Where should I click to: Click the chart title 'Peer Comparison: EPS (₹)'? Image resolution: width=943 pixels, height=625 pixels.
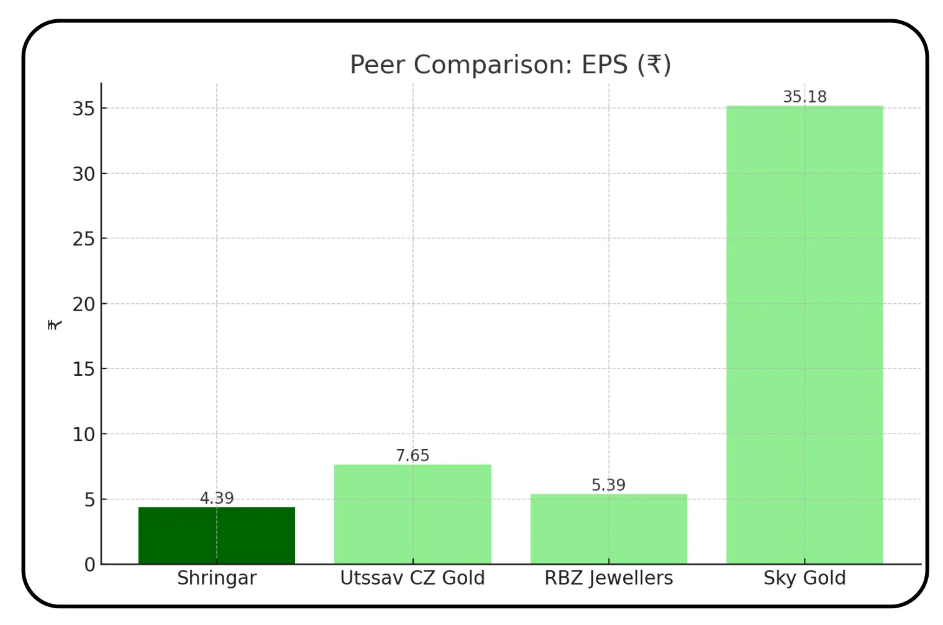[x=510, y=65]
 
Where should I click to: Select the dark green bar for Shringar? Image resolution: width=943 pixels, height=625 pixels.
[x=216, y=536]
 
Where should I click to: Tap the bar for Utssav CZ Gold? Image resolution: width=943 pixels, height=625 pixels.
[x=412, y=514]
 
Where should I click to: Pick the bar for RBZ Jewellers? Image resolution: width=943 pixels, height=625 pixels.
[x=608, y=529]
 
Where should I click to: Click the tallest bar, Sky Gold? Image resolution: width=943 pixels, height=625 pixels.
[x=804, y=335]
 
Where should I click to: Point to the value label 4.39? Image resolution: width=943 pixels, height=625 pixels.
[x=216, y=498]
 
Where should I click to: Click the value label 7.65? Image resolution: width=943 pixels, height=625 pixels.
[x=412, y=455]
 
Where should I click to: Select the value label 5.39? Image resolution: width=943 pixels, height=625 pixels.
[x=608, y=485]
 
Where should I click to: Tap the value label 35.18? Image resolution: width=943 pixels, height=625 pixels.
[x=804, y=97]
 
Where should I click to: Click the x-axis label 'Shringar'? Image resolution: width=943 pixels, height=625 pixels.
[x=216, y=578]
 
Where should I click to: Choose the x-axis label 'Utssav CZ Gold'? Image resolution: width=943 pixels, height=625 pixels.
[x=412, y=578]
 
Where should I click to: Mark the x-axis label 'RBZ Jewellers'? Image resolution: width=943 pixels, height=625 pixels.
[x=608, y=578]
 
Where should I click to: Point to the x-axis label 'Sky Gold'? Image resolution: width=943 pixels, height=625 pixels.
[x=804, y=578]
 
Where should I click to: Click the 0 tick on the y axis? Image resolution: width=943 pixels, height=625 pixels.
[x=90, y=565]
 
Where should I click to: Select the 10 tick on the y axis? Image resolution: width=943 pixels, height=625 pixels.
[x=84, y=434]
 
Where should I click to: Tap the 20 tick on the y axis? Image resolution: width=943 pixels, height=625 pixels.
[x=84, y=304]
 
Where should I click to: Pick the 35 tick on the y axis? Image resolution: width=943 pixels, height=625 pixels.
[x=84, y=109]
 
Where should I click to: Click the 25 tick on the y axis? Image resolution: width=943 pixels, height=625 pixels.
[x=84, y=239]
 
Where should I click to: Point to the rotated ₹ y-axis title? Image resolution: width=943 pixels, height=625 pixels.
[x=55, y=324]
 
